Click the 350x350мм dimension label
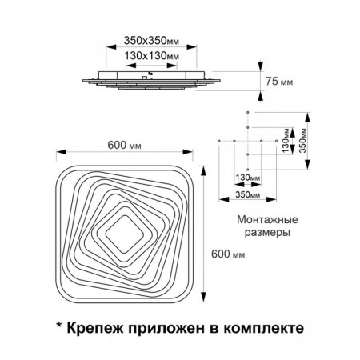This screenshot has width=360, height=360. [151, 41]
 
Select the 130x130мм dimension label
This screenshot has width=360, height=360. [152, 56]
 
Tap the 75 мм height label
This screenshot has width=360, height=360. [279, 82]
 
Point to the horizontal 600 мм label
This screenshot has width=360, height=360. [124, 145]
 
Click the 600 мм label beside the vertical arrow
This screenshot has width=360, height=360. [228, 254]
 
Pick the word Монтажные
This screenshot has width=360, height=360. [267, 220]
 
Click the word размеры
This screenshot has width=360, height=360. [267, 233]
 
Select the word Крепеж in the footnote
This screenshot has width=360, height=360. [95, 328]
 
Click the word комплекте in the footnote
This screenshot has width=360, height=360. [263, 328]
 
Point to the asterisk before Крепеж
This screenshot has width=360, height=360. [59, 326]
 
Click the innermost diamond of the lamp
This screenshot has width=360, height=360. [125, 234]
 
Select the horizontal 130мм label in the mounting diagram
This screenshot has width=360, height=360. [247, 178]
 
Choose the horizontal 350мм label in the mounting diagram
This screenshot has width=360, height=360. [247, 194]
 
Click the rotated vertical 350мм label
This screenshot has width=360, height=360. [302, 141]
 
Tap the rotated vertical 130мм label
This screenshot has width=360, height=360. [286, 141]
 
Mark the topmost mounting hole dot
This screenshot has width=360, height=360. [248, 112]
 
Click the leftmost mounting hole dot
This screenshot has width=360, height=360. [219, 141]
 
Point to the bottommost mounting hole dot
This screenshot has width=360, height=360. [248, 170]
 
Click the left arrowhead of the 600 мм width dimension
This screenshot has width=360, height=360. [61, 152]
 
